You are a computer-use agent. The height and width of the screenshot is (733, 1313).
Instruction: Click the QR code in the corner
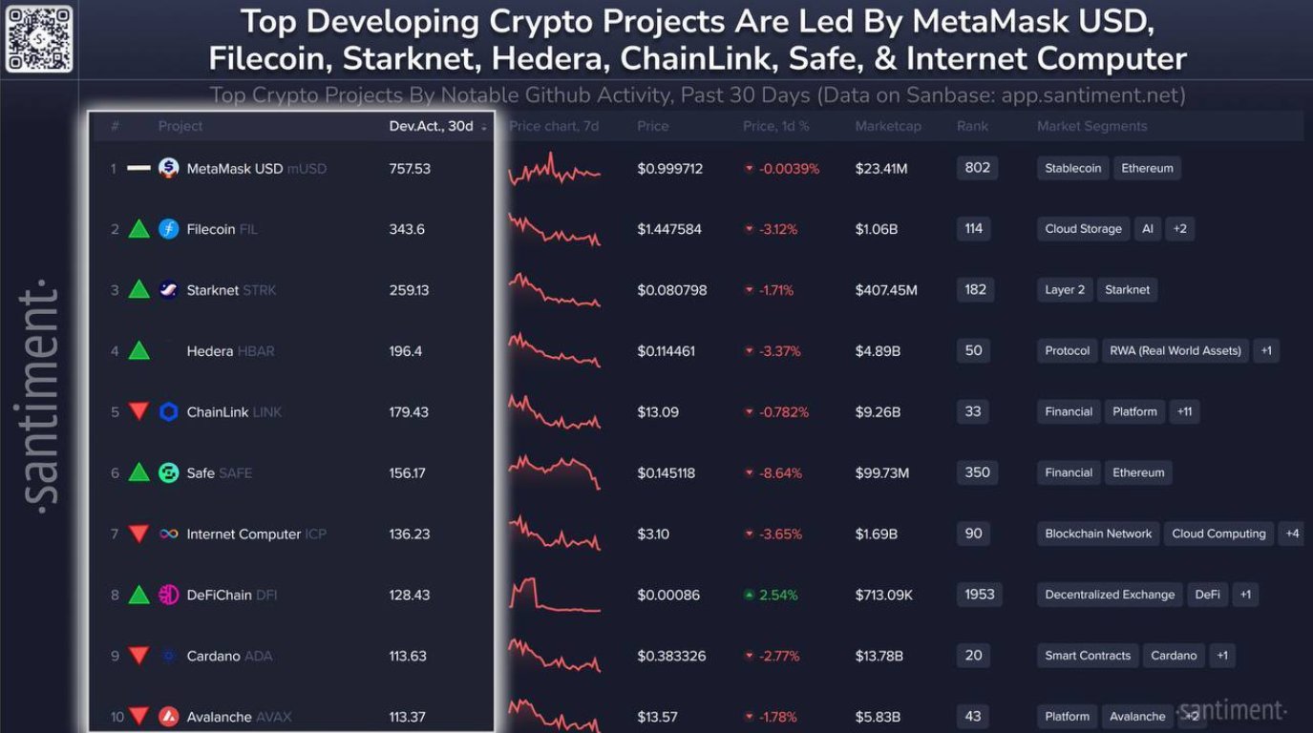pyautogui.click(x=38, y=38)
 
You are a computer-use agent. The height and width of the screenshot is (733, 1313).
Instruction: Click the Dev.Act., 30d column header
pyautogui.click(x=432, y=126)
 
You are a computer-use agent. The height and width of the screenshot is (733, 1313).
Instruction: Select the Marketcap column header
pyautogui.click(x=888, y=126)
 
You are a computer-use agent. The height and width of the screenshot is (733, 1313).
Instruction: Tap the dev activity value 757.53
pyautogui.click(x=410, y=169)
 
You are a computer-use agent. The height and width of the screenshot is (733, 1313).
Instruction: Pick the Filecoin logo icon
pyautogui.click(x=169, y=229)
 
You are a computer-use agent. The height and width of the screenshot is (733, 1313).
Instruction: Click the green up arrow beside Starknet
pyautogui.click(x=139, y=290)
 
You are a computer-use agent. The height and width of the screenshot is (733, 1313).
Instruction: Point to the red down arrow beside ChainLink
pyautogui.click(x=139, y=412)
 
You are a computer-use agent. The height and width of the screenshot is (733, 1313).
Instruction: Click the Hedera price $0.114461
pyautogui.click(x=667, y=351)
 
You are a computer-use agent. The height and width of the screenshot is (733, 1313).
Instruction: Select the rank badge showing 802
pyautogui.click(x=977, y=168)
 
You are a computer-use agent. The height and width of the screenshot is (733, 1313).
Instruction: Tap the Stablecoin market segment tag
pyautogui.click(x=1072, y=169)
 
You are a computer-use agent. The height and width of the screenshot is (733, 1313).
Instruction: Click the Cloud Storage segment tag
pyautogui.click(x=1083, y=229)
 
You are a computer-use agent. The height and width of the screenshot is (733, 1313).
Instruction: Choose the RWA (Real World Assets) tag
pyautogui.click(x=1175, y=351)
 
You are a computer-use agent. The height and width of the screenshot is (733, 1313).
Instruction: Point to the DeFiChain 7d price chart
pyautogui.click(x=554, y=595)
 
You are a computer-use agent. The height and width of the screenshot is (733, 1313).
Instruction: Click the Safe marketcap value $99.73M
pyautogui.click(x=882, y=473)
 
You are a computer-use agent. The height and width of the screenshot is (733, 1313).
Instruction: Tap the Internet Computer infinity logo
pyautogui.click(x=169, y=534)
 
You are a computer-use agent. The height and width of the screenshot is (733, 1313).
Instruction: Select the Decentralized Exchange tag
pyautogui.click(x=1110, y=595)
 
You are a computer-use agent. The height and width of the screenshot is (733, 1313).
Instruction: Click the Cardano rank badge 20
pyautogui.click(x=974, y=655)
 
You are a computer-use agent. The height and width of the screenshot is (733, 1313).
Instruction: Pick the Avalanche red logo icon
pyautogui.click(x=169, y=717)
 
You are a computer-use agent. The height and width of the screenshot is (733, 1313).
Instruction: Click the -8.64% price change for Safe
pyautogui.click(x=780, y=473)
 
